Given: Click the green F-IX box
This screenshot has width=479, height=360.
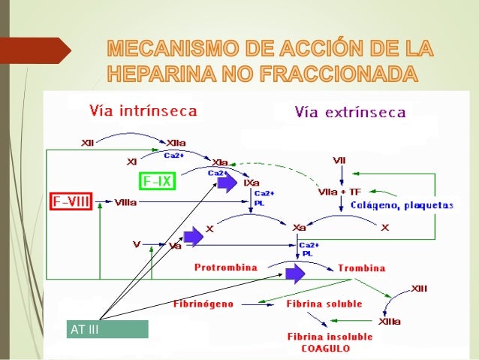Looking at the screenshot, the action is [x=157, y=182].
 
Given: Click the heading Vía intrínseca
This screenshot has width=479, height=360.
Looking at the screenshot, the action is [x=143, y=111].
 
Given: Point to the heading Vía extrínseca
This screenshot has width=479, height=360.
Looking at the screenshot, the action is [x=351, y=113].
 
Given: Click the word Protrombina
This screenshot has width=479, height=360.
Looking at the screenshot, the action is [x=225, y=268].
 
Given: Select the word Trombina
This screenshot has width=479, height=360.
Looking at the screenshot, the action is [x=362, y=268].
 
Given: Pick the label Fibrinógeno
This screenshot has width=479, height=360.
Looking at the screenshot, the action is [x=203, y=304].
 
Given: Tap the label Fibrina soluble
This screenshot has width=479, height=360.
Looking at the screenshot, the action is [x=324, y=304].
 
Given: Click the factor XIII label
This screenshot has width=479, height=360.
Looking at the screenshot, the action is [x=420, y=289].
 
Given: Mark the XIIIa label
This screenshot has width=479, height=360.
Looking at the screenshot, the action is [x=390, y=322].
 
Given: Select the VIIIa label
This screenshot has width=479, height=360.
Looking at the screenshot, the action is [x=125, y=202].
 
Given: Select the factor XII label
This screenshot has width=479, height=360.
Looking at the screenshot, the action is [x=89, y=141].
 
